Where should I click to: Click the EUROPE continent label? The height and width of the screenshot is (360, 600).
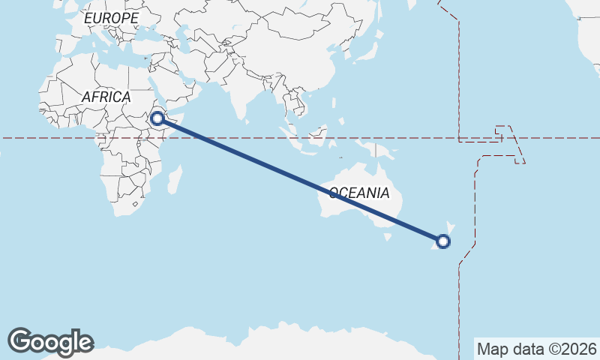pos(111,17)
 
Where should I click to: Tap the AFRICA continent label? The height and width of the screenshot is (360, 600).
pos(106,97)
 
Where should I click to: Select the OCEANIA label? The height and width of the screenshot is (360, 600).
pos(358,193)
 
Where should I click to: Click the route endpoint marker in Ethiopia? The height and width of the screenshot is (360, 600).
pos(157,118)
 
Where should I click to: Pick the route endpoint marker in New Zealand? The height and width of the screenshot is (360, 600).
pos(443,241)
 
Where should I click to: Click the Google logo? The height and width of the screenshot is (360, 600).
pos(50,341)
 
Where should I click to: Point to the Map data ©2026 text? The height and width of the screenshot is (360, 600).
pos(537,349)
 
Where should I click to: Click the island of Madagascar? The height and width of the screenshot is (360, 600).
pos(175,180)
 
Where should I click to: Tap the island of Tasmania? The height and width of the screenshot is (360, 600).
pos(388,237)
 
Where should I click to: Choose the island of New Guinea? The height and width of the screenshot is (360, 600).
pos(379,151)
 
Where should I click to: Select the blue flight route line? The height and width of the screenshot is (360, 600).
pos(300,179)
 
